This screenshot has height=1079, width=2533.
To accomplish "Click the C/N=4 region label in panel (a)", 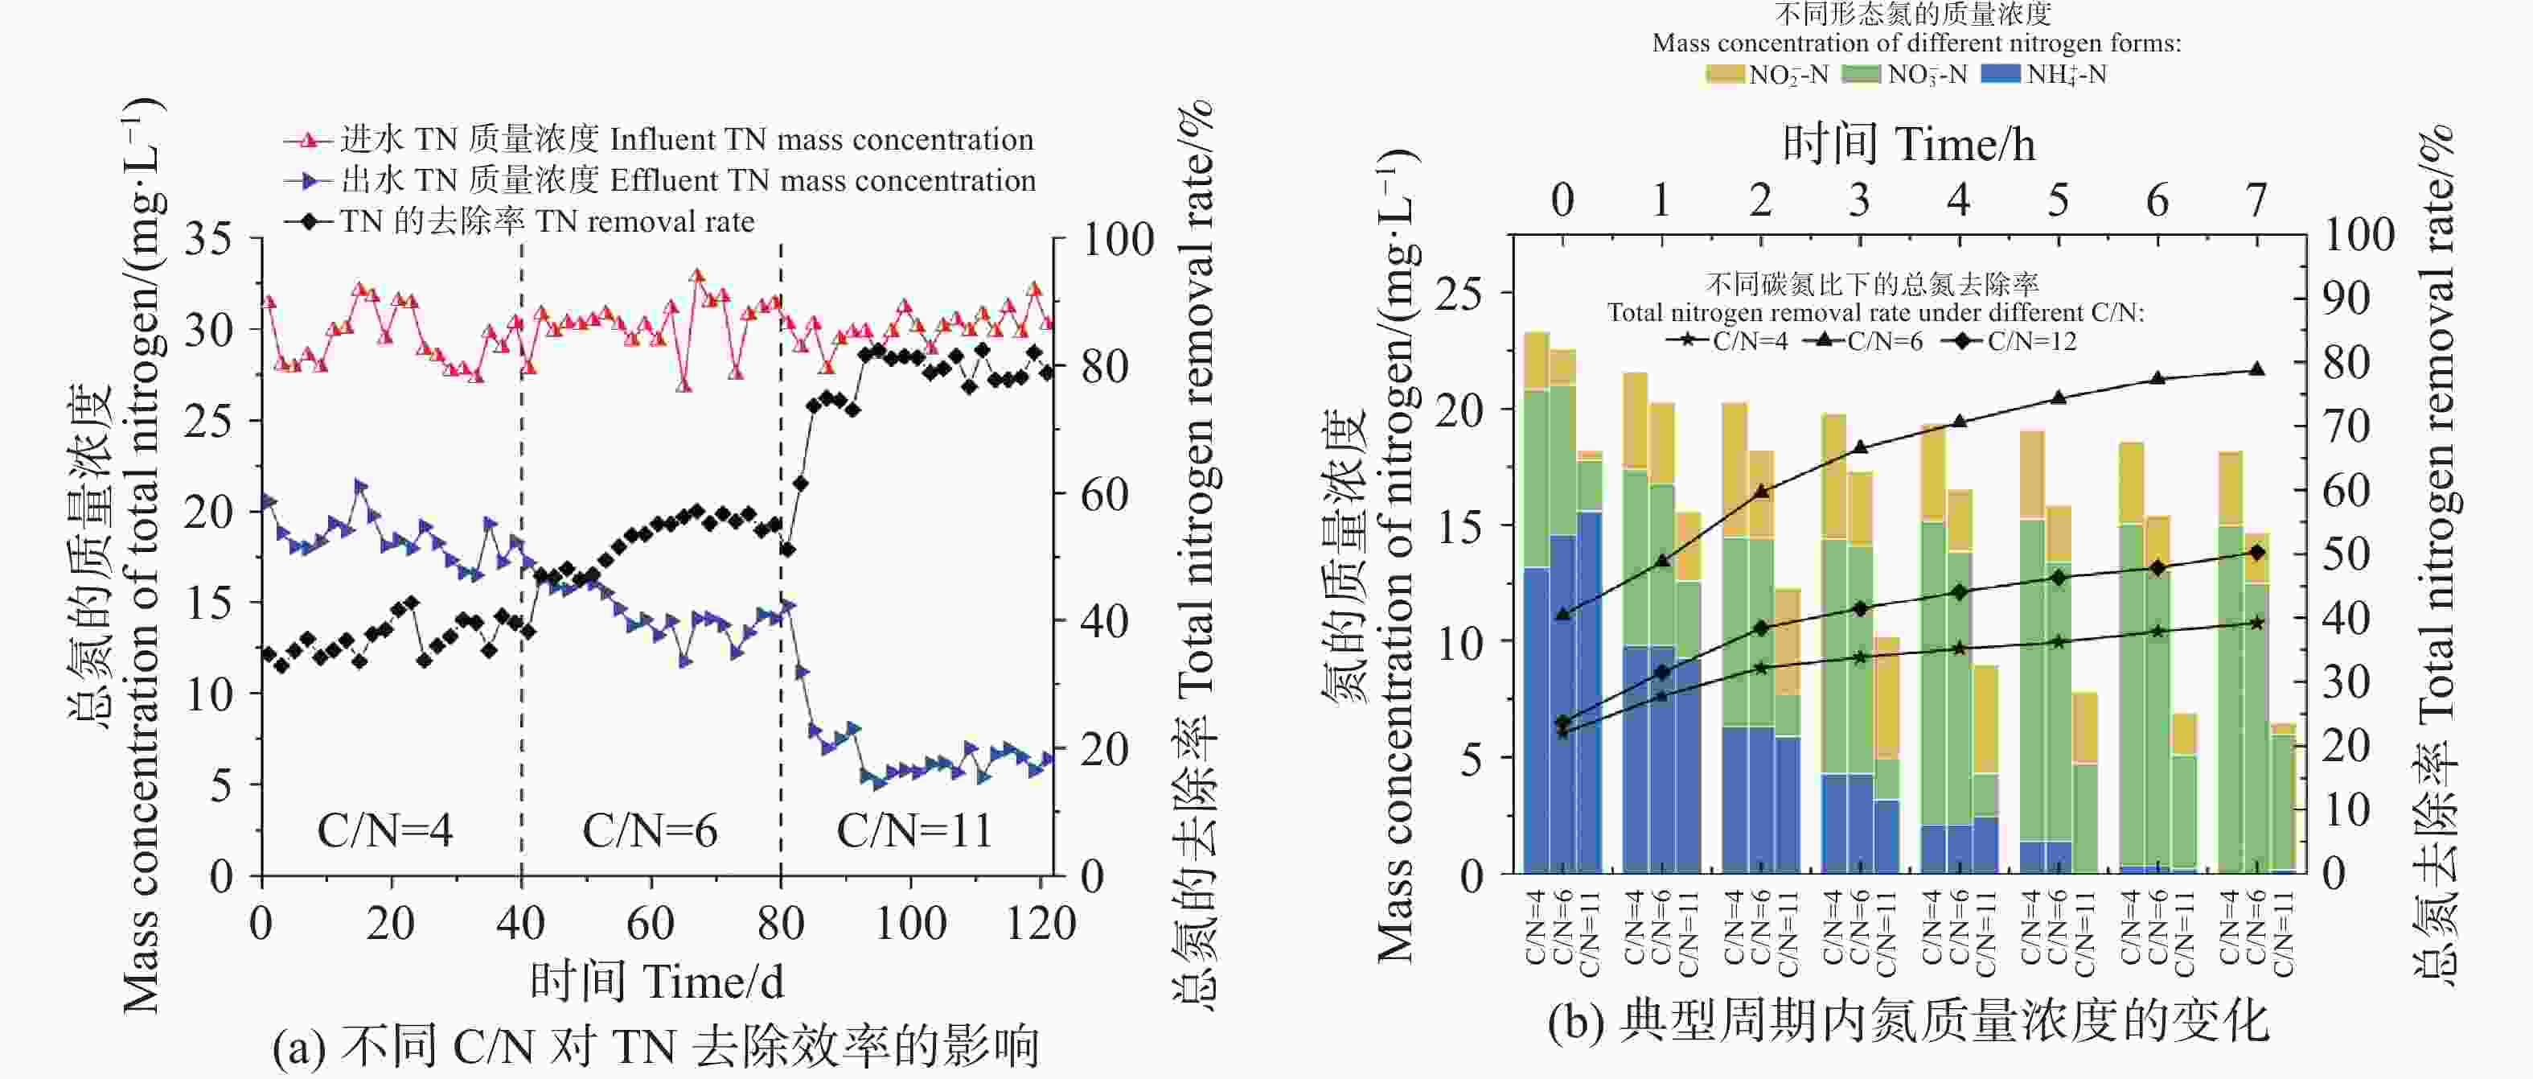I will point(384,831).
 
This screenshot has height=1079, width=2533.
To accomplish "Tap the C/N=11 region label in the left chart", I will point(913,831).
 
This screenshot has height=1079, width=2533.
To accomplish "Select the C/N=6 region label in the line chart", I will point(650,831).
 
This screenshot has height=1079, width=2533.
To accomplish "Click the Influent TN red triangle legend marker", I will point(309,141).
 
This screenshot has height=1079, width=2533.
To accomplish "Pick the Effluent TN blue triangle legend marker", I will point(309,181).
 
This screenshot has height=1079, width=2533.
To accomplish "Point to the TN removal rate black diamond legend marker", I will point(309,221).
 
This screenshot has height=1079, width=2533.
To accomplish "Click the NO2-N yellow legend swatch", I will point(1725,75).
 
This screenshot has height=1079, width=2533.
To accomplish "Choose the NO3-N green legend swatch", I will point(1862,75).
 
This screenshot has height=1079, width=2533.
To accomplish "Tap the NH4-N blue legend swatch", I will point(2000,75).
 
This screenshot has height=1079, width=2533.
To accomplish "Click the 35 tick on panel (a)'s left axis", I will point(208,239).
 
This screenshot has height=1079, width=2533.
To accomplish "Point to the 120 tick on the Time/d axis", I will point(1041,924).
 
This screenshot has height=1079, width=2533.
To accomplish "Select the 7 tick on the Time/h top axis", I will point(2256,200).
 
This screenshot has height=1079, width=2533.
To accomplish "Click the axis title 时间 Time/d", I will point(657,982).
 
